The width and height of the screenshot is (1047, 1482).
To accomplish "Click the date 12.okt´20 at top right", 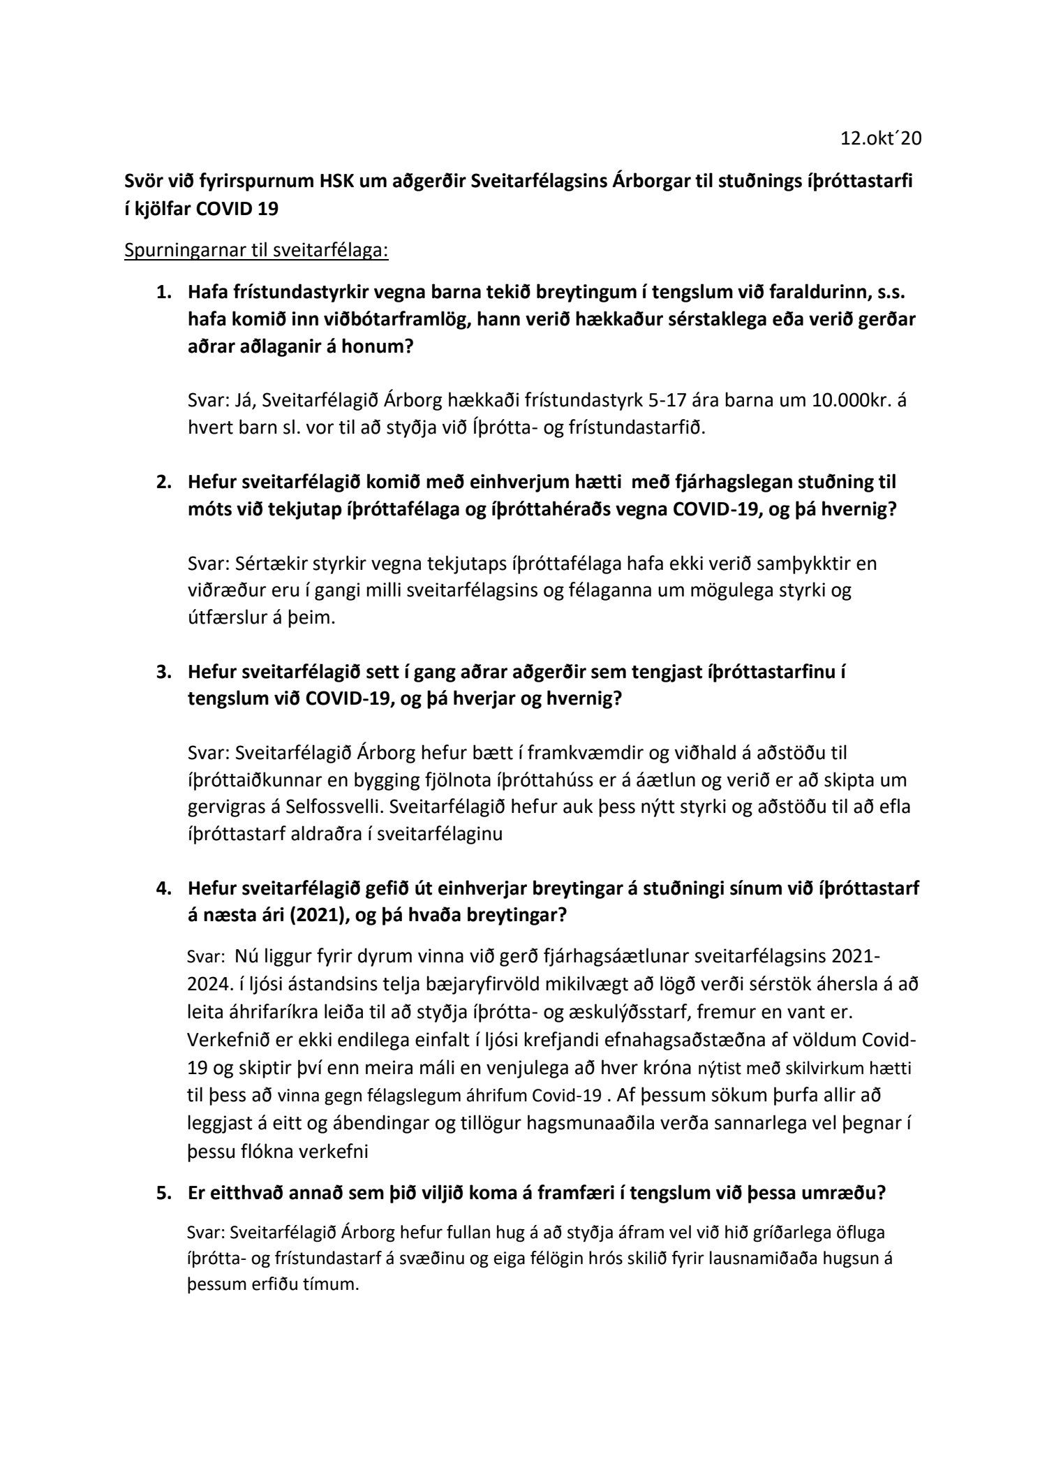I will [881, 139].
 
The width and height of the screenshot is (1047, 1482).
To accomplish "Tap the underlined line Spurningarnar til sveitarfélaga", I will [255, 251].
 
